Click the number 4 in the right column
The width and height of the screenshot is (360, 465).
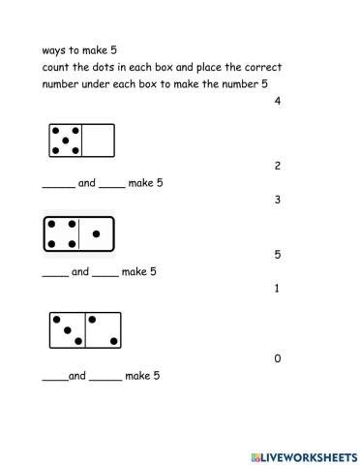278,101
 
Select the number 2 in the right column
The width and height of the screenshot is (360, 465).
278,166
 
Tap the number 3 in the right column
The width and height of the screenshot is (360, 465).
278,200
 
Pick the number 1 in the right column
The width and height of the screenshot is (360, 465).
278,289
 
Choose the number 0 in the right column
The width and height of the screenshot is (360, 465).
278,358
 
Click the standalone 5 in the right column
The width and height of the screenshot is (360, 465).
278,255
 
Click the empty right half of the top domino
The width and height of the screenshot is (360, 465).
99,141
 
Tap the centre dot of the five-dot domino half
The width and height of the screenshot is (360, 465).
65,141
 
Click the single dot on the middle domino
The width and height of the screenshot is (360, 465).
95,233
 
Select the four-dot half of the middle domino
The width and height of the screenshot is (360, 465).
62,233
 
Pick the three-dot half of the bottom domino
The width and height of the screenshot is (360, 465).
67,329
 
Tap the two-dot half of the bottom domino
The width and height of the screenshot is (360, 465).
102,329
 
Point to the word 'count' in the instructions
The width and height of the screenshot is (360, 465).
58,68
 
